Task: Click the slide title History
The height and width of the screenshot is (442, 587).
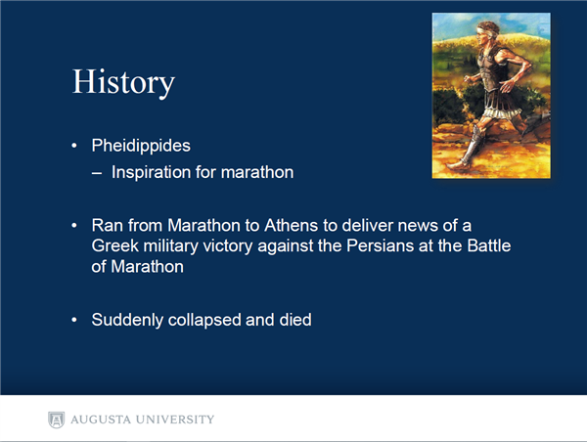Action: coord(123,82)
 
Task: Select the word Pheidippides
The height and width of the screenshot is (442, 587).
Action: coord(141,146)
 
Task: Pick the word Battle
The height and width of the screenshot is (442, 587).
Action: coord(489,245)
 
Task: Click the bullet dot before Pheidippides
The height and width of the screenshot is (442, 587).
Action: coord(74,146)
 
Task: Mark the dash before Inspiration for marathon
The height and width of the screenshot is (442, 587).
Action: coord(97,173)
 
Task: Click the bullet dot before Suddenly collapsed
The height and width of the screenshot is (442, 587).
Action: coord(74,320)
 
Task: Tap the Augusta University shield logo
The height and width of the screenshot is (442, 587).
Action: coord(56,420)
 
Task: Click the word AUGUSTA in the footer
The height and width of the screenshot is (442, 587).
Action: coord(101,420)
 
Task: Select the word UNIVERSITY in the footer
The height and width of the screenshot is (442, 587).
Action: coord(175,420)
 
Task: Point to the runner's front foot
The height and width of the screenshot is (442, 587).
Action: coord(458,165)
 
